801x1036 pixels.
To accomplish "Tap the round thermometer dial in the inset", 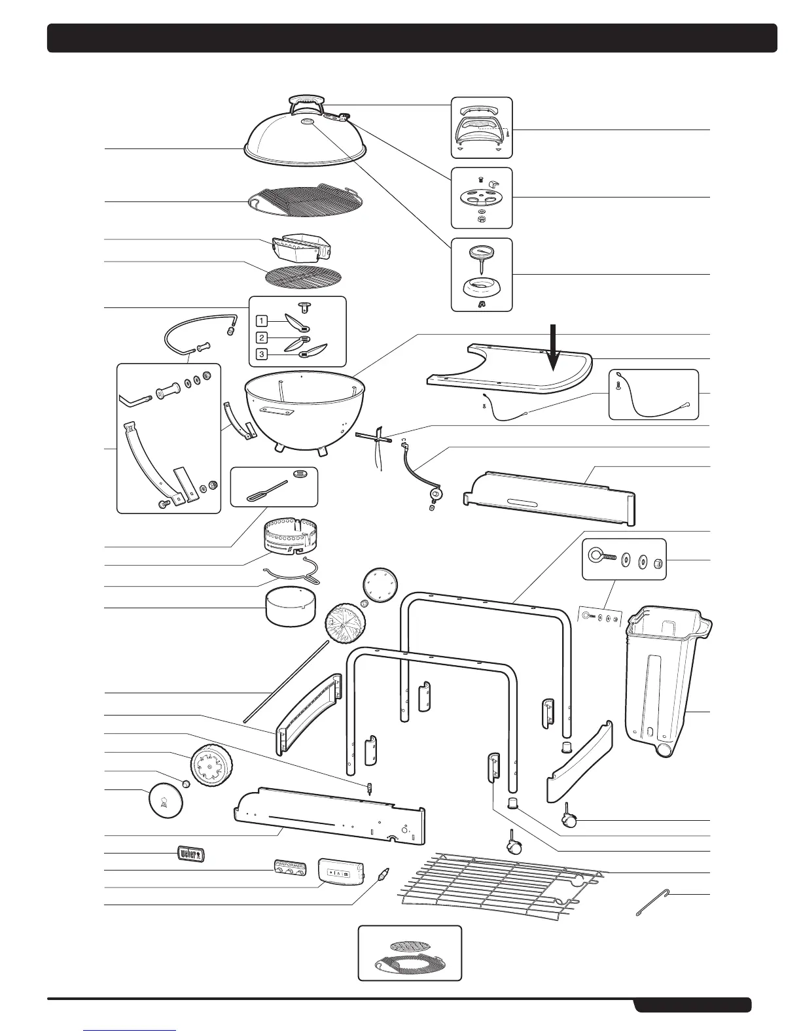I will coord(481,252).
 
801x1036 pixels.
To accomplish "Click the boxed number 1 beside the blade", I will coord(262,321).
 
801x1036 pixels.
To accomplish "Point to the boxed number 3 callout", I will coord(262,354).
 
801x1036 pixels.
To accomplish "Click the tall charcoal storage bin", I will coord(664,680).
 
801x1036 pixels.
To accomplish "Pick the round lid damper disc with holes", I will coord(481,197).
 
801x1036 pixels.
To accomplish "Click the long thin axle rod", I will coord(285,680).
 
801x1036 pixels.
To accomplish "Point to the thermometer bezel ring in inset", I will coord(481,287).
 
